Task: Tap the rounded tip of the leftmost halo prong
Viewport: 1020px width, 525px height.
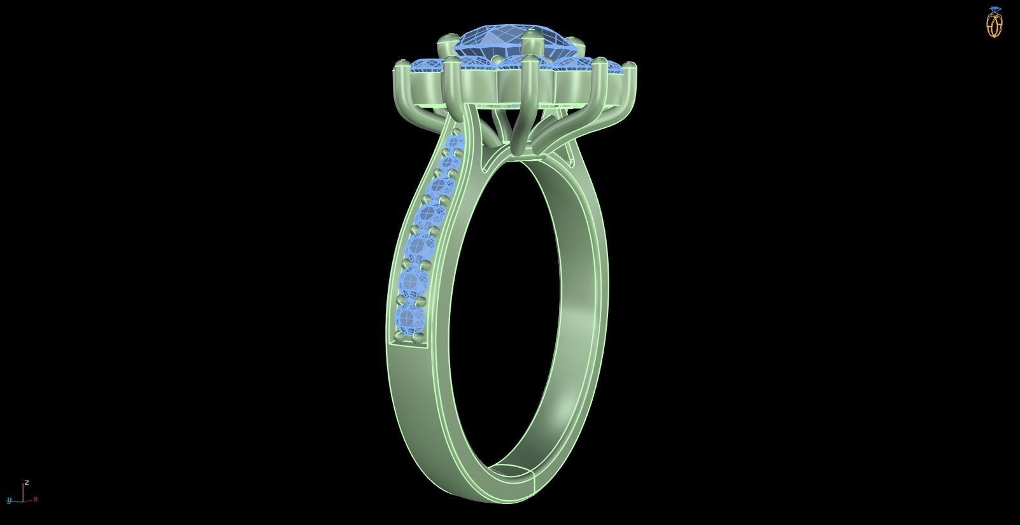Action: point(401,64)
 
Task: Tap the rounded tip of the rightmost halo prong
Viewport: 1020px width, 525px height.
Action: point(629,65)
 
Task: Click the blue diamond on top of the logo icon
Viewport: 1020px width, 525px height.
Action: point(995,10)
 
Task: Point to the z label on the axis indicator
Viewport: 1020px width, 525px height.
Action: point(27,483)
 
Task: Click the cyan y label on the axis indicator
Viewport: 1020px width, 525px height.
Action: point(9,500)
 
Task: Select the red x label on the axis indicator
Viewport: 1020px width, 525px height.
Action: point(36,500)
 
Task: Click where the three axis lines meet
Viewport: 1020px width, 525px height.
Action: point(24,500)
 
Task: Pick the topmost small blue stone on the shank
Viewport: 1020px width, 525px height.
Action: point(456,144)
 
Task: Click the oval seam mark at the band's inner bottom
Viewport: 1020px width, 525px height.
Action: point(513,473)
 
